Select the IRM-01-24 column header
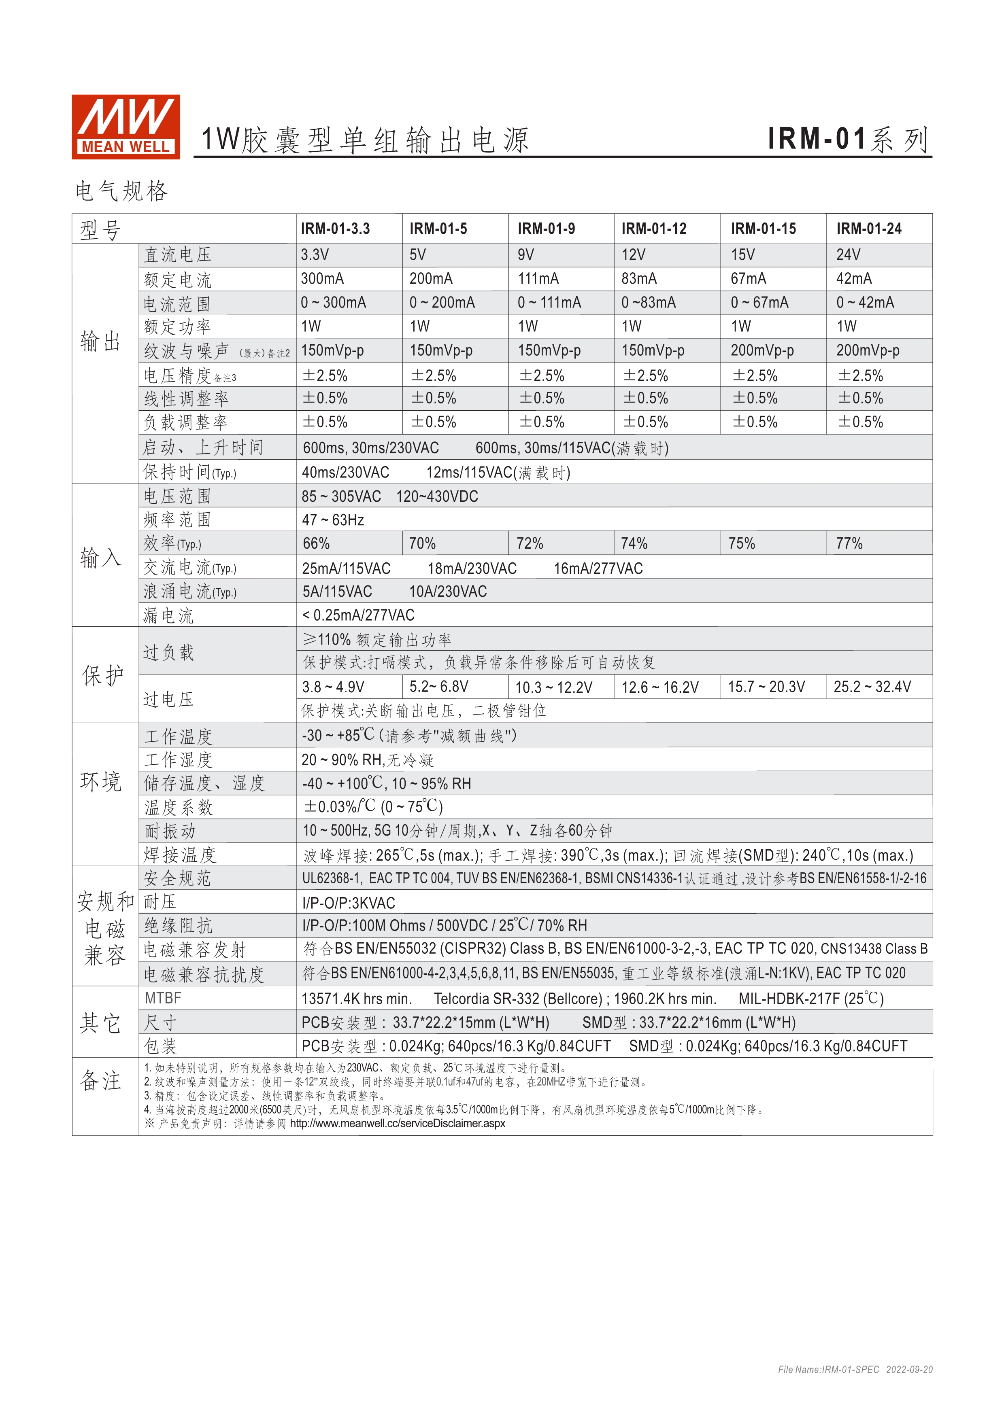pyautogui.click(x=869, y=229)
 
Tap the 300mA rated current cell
pyautogui.click(x=322, y=279)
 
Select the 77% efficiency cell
pyautogui.click(x=849, y=544)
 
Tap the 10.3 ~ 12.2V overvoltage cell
pyautogui.click(x=553, y=687)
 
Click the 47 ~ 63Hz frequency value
pyautogui.click(x=333, y=520)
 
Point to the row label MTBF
pyautogui.click(x=163, y=998)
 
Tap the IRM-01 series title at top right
pyautogui.click(x=848, y=139)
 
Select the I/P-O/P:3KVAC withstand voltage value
pyautogui.click(x=348, y=903)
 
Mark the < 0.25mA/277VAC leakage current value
pyautogui.click(x=358, y=615)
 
